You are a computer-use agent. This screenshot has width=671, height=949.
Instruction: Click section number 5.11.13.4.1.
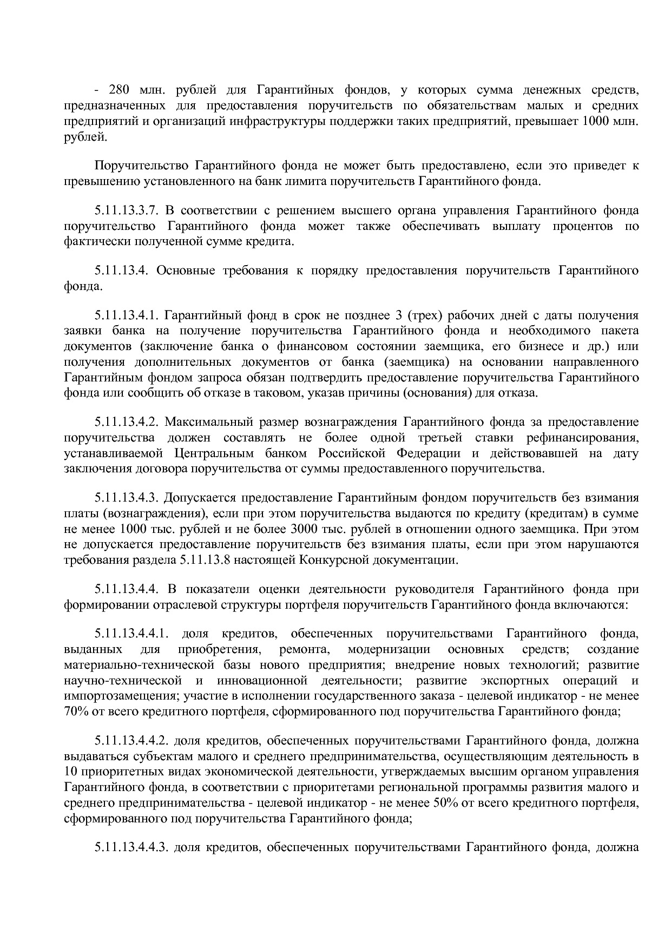(126, 315)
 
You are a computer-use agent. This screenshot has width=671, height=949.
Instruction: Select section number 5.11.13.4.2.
(126, 421)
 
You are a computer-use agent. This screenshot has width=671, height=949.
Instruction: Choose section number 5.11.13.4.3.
(126, 497)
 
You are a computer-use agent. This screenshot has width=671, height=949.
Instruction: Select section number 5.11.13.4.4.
(126, 589)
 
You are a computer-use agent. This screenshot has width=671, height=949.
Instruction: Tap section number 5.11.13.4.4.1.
(133, 633)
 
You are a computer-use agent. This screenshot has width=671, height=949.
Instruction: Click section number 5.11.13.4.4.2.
(133, 740)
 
